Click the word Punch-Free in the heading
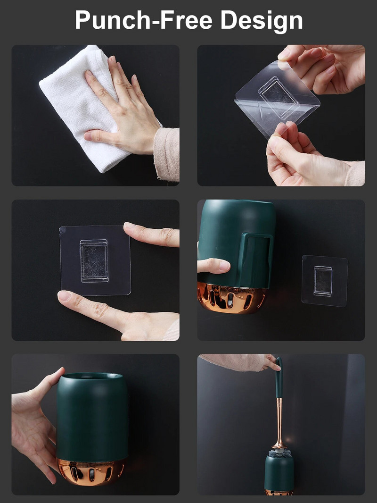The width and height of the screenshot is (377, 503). pos(144,20)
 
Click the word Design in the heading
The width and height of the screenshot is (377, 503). pos(262,21)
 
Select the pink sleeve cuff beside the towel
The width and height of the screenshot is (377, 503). pos(166,154)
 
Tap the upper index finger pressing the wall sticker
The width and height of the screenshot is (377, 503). pos(152,234)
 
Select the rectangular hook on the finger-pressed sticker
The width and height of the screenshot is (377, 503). pos(94,261)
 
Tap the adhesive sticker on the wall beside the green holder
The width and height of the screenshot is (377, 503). pos(325,281)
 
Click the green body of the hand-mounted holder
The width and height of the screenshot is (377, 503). pos(92,417)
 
